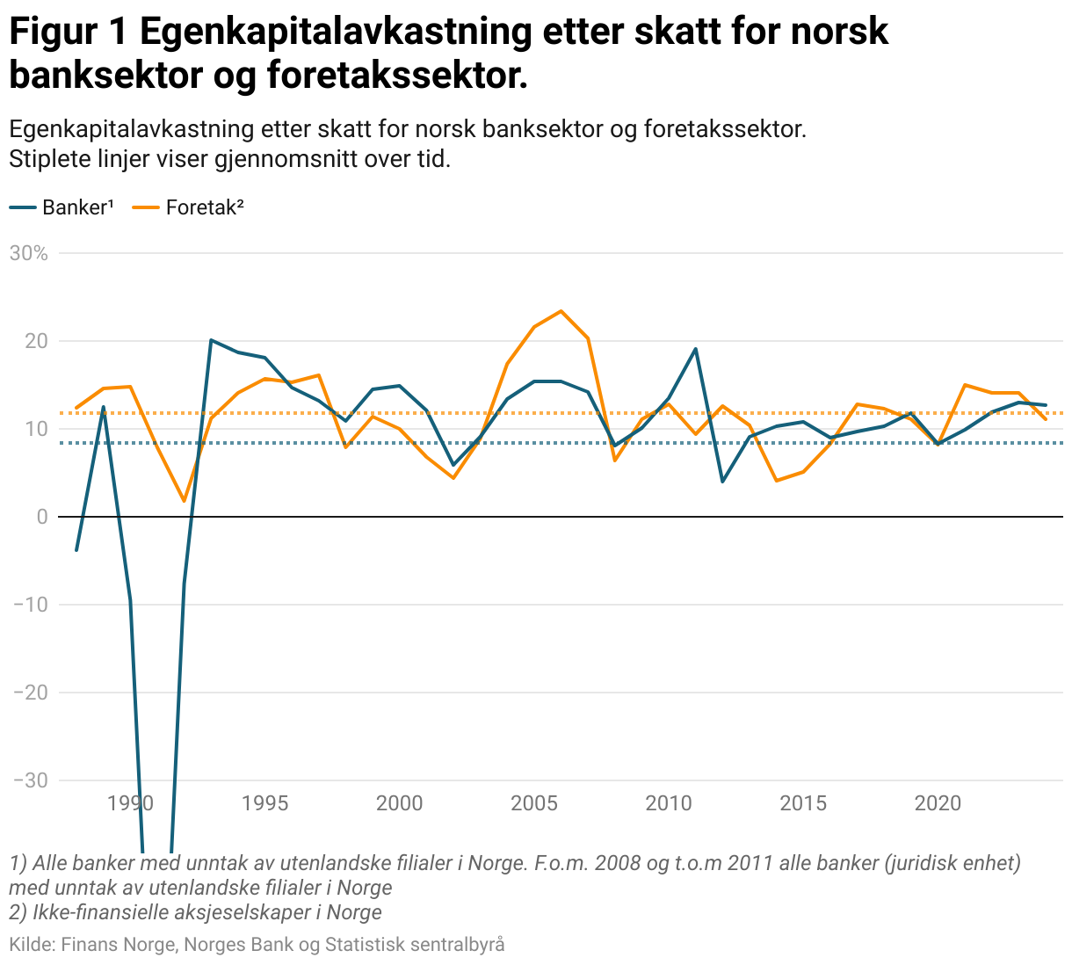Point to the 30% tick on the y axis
28,253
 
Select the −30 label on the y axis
30,780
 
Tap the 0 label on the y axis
42,517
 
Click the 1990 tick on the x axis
130,802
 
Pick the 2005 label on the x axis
534,802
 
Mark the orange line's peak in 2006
561,311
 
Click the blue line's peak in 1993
211,340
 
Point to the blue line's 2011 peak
696,349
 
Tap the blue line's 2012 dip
722,482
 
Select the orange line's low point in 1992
184,501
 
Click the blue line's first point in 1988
76,550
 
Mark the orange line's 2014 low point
777,481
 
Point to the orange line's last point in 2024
1046,419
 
